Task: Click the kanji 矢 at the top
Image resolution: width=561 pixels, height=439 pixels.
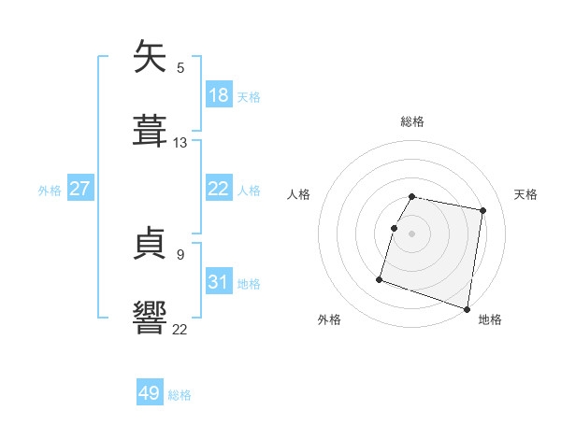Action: (151, 58)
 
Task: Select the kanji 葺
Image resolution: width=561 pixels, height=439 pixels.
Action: (151, 130)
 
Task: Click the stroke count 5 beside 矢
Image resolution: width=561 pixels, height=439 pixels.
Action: (180, 67)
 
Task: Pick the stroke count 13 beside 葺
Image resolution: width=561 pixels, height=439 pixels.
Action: (180, 143)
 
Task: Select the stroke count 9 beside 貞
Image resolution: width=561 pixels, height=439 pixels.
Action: (180, 254)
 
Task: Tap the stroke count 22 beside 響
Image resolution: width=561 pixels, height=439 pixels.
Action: (180, 328)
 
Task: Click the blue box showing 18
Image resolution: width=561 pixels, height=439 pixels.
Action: (219, 95)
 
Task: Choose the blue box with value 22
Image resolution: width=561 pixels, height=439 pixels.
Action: (219, 189)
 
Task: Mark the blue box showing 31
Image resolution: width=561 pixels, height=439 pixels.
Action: (219, 282)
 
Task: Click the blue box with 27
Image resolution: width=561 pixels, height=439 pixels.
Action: (79, 189)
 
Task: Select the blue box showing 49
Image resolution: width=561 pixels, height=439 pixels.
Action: (150, 394)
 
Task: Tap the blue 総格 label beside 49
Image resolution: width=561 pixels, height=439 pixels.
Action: (180, 395)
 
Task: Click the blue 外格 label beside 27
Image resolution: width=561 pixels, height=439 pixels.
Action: (50, 190)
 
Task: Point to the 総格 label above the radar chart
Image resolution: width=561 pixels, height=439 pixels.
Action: (412, 121)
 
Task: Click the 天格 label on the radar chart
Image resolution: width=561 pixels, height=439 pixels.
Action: (526, 194)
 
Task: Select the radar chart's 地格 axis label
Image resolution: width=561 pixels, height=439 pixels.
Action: (490, 320)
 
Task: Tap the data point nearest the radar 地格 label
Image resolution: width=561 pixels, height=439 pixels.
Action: (467, 308)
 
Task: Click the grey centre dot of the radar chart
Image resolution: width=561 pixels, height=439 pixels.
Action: (412, 233)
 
